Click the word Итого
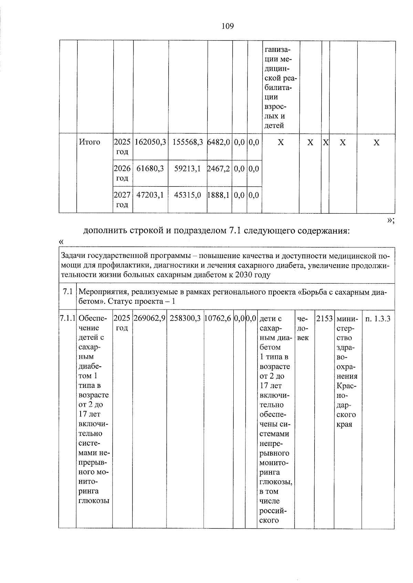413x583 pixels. click(89, 142)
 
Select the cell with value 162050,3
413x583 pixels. click(150, 142)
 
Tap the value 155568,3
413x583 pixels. click(188, 142)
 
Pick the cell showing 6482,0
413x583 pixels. click(219, 142)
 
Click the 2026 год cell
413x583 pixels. click(122, 173)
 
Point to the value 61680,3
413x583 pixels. click(150, 168)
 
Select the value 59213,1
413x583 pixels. click(188, 168)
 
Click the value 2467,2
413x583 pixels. click(219, 168)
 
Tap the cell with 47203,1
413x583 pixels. click(150, 195)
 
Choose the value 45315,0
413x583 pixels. click(188, 195)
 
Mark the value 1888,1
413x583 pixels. click(219, 195)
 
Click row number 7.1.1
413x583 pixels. click(67, 318)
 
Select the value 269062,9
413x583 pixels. click(149, 318)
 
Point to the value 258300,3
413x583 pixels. click(185, 318)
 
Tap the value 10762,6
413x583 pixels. click(218, 318)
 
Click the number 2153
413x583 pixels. click(324, 318)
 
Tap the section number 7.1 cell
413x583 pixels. click(67, 292)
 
